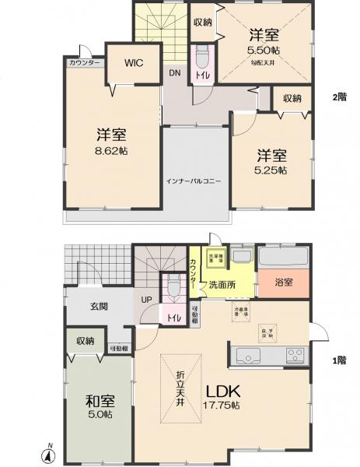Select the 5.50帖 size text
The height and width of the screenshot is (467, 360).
(265, 50)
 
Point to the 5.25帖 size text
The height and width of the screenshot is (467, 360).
(271, 169)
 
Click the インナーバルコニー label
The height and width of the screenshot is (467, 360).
(194, 181)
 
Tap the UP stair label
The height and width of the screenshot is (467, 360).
(146, 299)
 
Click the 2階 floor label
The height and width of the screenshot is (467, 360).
(338, 97)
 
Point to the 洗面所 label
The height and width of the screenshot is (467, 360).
(220, 286)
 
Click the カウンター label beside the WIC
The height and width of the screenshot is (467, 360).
(83, 62)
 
